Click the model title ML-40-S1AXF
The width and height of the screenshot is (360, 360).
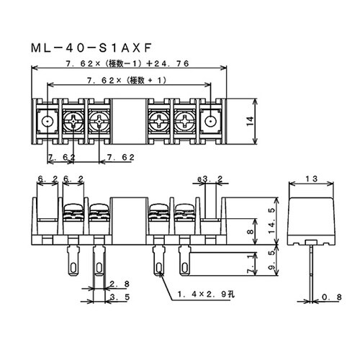click(91, 48)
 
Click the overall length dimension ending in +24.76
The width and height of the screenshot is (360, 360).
click(127, 63)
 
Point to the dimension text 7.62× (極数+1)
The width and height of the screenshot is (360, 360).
click(127, 81)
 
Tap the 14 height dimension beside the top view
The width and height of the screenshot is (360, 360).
click(250, 121)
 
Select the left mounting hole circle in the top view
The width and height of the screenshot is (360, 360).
click(48, 122)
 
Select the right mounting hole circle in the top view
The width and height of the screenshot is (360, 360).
click(210, 122)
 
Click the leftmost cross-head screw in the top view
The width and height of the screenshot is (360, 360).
click(73, 122)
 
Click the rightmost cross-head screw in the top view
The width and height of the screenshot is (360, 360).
click(184, 122)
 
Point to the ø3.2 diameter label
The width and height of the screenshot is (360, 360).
click(210, 179)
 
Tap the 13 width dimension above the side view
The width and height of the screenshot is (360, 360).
click(311, 179)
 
